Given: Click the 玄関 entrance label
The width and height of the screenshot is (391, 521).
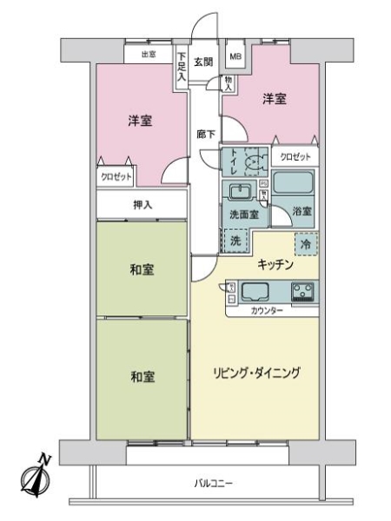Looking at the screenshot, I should click(202, 61).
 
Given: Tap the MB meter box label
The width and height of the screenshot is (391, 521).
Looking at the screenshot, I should click(235, 58).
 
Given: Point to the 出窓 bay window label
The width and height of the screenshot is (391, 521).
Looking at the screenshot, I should click(147, 55).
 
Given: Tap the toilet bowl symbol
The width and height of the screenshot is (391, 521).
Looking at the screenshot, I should click(253, 162).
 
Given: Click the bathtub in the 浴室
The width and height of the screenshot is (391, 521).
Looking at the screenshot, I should click(295, 184).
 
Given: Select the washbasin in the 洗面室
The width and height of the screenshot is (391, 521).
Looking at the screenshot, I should click(241, 191).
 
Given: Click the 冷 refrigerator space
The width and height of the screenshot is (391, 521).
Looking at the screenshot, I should click(306, 245).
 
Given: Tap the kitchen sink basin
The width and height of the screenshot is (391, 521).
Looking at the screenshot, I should click(257, 292).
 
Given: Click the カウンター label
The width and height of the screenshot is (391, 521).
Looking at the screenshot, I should click(266, 310).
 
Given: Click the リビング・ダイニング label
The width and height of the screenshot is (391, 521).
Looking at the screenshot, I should click(257, 373).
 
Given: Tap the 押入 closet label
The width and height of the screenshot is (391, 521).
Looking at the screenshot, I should click(142, 205).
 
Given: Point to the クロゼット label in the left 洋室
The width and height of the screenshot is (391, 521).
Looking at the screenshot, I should click(116, 176).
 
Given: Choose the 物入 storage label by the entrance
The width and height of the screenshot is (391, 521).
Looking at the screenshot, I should click(228, 82).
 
